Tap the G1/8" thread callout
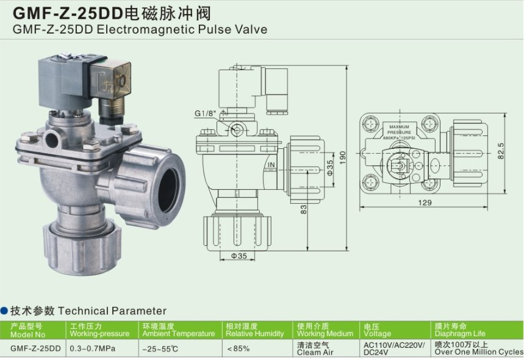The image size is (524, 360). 206,113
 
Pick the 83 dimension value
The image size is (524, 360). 304,210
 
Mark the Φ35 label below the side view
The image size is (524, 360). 239,256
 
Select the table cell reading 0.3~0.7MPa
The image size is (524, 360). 92,348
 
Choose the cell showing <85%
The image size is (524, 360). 239,348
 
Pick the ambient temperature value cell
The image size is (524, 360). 160,348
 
